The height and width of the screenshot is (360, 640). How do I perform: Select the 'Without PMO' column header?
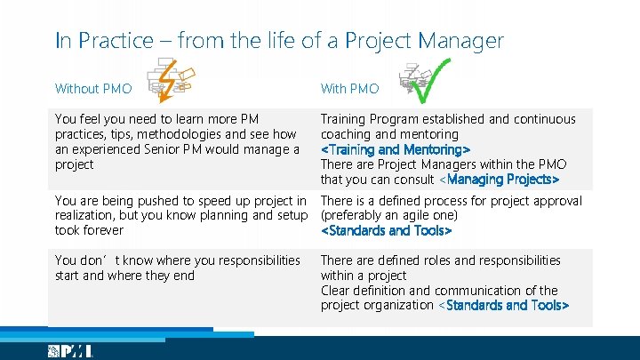[93, 89]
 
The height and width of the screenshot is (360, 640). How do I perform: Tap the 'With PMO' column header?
[349, 89]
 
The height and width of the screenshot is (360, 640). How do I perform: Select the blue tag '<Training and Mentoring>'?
[395, 149]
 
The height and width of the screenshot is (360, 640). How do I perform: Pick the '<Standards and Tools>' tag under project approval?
[386, 231]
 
